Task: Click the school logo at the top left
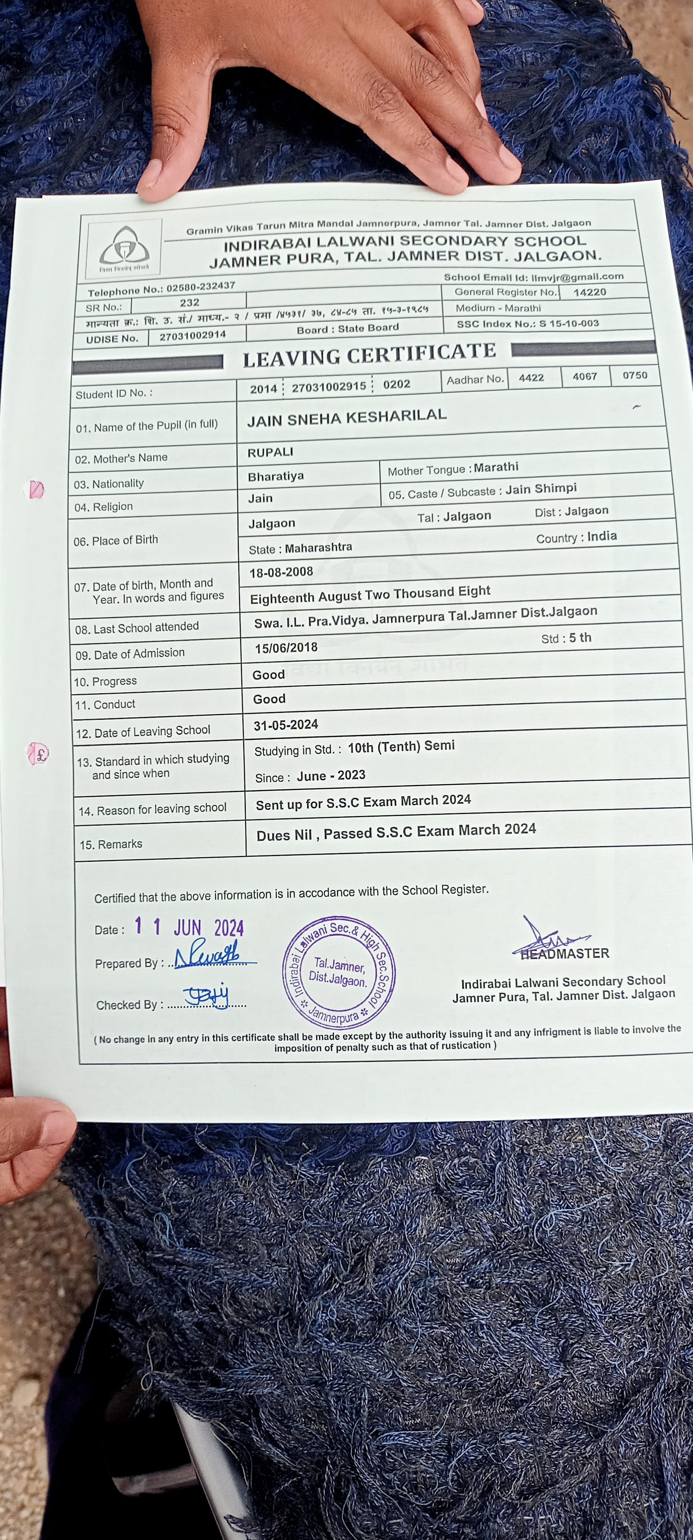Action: tap(124, 248)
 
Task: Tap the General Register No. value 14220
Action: tap(589, 292)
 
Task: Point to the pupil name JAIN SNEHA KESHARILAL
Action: tap(347, 417)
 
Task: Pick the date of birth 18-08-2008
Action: tap(281, 572)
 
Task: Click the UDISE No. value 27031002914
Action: tap(192, 335)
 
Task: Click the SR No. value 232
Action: tap(189, 303)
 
